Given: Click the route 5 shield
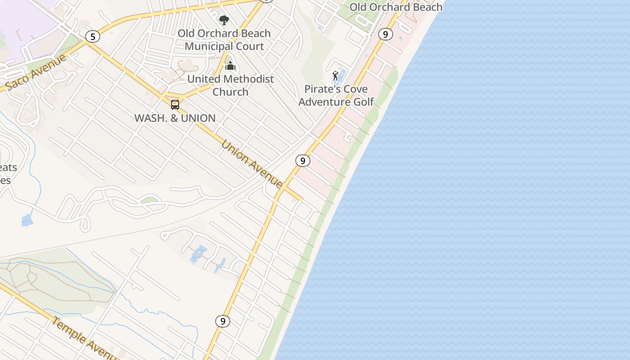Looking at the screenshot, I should pyautogui.click(x=93, y=36).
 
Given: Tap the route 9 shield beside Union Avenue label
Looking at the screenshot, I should pyautogui.click(x=303, y=160).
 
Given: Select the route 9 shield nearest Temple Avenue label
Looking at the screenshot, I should pyautogui.click(x=222, y=321).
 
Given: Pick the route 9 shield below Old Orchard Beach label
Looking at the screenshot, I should pyautogui.click(x=385, y=34).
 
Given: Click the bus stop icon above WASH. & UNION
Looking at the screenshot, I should pyautogui.click(x=175, y=105).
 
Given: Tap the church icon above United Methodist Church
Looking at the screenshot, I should pyautogui.click(x=230, y=66).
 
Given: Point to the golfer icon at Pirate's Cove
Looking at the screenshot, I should pyautogui.click(x=335, y=76).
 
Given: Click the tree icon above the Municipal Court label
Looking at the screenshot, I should pyautogui.click(x=224, y=20).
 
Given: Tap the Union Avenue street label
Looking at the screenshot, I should pyautogui.click(x=252, y=164).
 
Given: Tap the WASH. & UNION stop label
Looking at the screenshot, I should pyautogui.click(x=175, y=118).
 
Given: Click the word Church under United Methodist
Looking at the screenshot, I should pyautogui.click(x=230, y=92).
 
